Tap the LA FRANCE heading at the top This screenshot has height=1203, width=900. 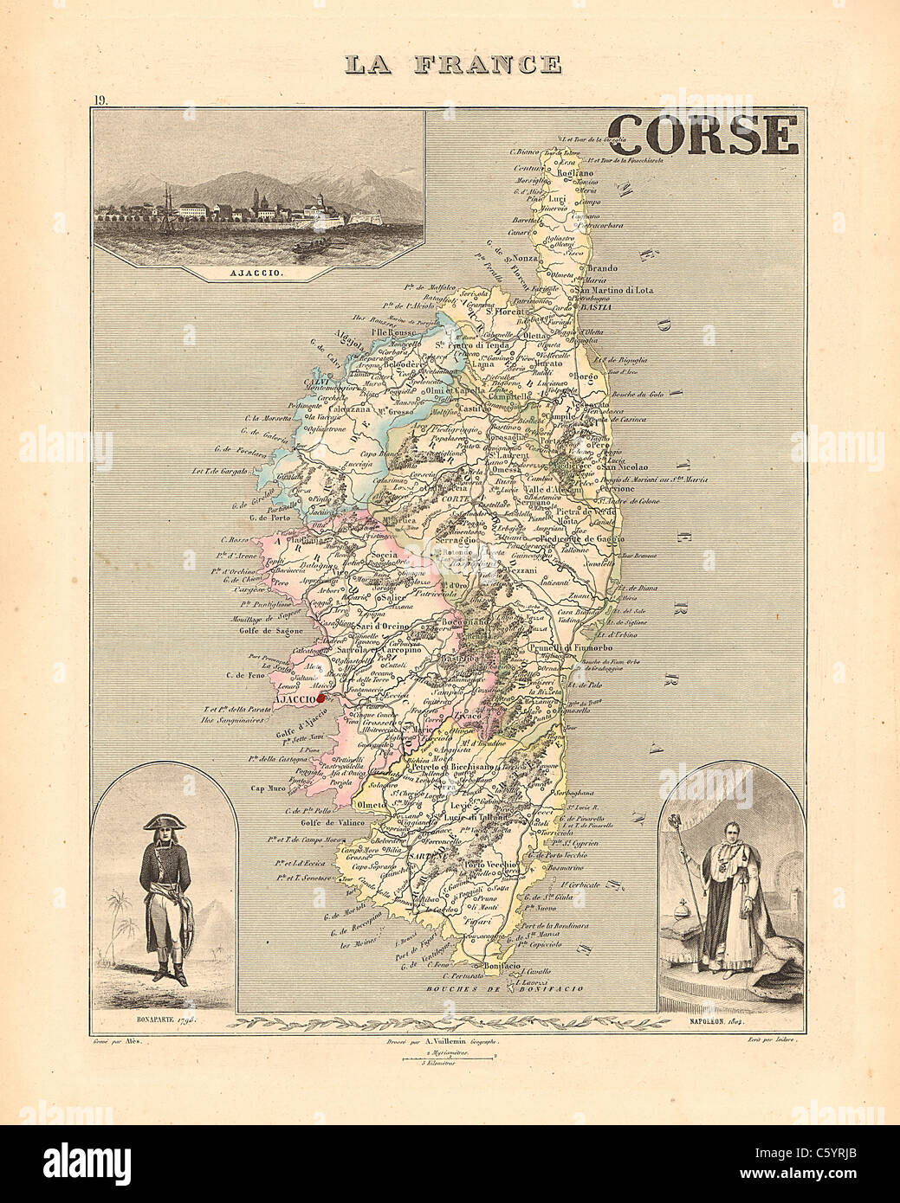[x=452, y=64]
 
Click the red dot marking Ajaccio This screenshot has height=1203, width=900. [x=321, y=695]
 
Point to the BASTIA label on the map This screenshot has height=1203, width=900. [x=595, y=307]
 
